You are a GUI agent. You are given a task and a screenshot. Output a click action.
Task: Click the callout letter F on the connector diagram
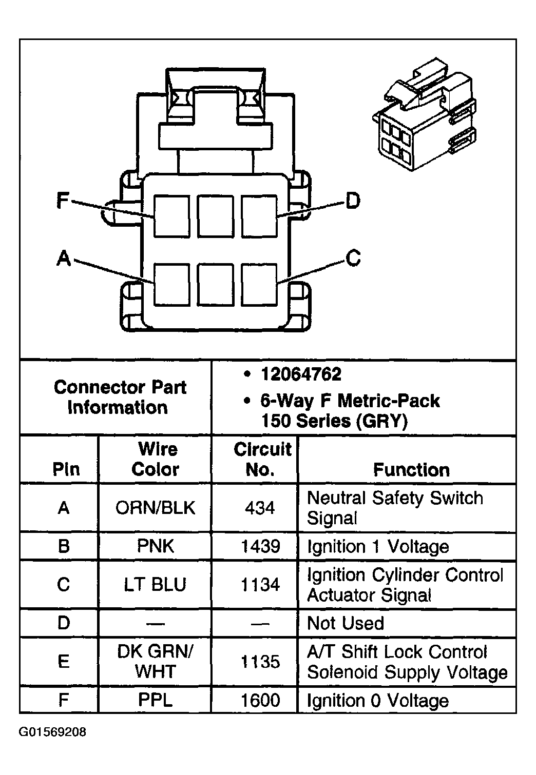[x=63, y=200]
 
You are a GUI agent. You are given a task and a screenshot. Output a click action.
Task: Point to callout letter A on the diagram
[x=64, y=258]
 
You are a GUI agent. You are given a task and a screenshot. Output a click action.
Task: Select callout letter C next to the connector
[x=353, y=257]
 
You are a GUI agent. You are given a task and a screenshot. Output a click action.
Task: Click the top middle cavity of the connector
[x=216, y=216]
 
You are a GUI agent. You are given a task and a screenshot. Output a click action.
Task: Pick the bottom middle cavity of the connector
[x=216, y=284]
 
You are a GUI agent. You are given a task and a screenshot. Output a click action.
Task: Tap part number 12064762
[x=301, y=374]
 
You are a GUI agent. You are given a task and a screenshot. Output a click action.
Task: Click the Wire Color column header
[x=156, y=460]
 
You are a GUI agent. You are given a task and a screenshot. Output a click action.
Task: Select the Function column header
[x=411, y=470]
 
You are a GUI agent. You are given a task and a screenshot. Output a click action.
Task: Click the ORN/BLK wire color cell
[x=156, y=508]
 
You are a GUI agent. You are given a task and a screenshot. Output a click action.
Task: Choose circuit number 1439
[x=260, y=546]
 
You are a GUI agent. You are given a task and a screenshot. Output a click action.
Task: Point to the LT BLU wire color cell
[x=156, y=585]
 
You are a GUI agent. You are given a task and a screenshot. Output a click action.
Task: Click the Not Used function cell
[x=346, y=623]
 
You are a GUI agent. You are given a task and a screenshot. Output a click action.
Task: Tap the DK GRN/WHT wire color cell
[x=156, y=662]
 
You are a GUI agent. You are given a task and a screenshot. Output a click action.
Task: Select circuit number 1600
[x=260, y=700]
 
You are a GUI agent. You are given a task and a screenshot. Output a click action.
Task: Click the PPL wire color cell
[x=156, y=700]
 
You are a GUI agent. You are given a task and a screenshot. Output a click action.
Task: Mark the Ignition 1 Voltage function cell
[x=378, y=546]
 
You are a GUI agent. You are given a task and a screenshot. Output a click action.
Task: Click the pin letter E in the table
[x=63, y=662]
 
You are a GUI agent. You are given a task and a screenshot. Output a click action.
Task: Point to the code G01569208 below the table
[x=53, y=732]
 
